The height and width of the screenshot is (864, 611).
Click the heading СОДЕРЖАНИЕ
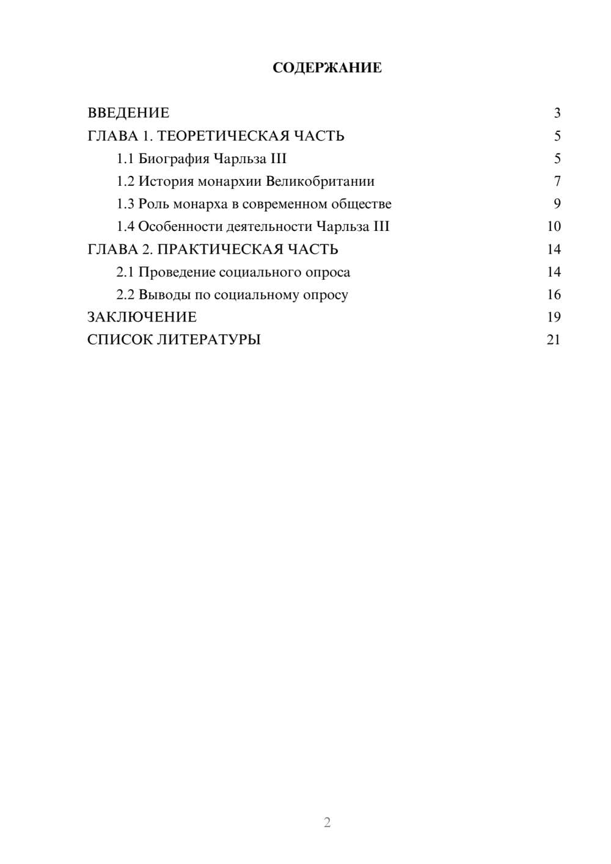pyautogui.click(x=327, y=68)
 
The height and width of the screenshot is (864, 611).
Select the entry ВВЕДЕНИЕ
pyautogui.click(x=128, y=113)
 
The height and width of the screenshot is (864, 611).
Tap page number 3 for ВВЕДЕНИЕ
pyautogui.click(x=557, y=113)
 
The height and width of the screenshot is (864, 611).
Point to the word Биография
pyautogui.click(x=174, y=159)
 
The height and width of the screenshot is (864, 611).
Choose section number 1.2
pyautogui.click(x=125, y=181)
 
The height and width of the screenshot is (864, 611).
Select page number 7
pyautogui.click(x=557, y=181)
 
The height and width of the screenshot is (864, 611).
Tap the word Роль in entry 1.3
pyautogui.click(x=153, y=204)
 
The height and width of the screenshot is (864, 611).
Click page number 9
pyautogui.click(x=557, y=204)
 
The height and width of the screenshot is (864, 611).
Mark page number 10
pyautogui.click(x=554, y=227)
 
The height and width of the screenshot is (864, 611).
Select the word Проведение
pyautogui.click(x=177, y=272)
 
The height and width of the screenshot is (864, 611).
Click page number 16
pyautogui.click(x=554, y=295)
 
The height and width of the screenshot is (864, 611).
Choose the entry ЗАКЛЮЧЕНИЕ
pyautogui.click(x=142, y=317)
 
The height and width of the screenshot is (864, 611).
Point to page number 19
pyautogui.click(x=554, y=317)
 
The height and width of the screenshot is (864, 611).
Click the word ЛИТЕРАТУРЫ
pyautogui.click(x=209, y=340)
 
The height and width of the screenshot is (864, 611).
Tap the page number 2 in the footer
pyautogui.click(x=327, y=822)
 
